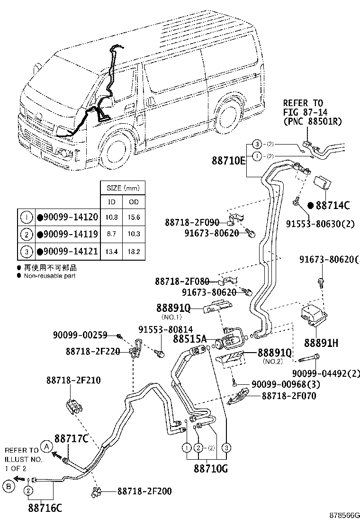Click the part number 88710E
click(229, 161)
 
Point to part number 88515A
click(189, 339)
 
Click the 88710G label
click(210, 469)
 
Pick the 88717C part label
click(71, 439)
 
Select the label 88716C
click(46, 509)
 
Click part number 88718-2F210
click(73, 380)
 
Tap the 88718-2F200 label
click(144, 491)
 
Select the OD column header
click(134, 202)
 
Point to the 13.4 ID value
click(112, 251)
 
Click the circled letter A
click(46, 446)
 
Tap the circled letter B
click(8, 485)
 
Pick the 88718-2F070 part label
click(288, 395)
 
